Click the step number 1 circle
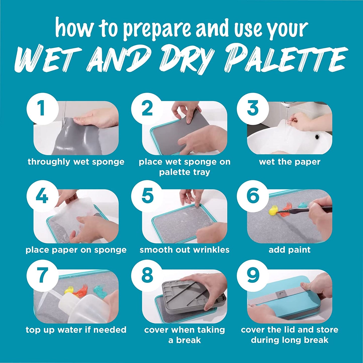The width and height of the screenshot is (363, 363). pos(42,108)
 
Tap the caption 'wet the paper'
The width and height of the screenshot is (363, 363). pos(290,162)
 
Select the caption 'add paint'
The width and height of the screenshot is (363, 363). pos(290,250)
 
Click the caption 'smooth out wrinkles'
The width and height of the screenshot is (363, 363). pos(184,250)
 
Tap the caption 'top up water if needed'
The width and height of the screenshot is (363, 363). pos(76,330)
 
